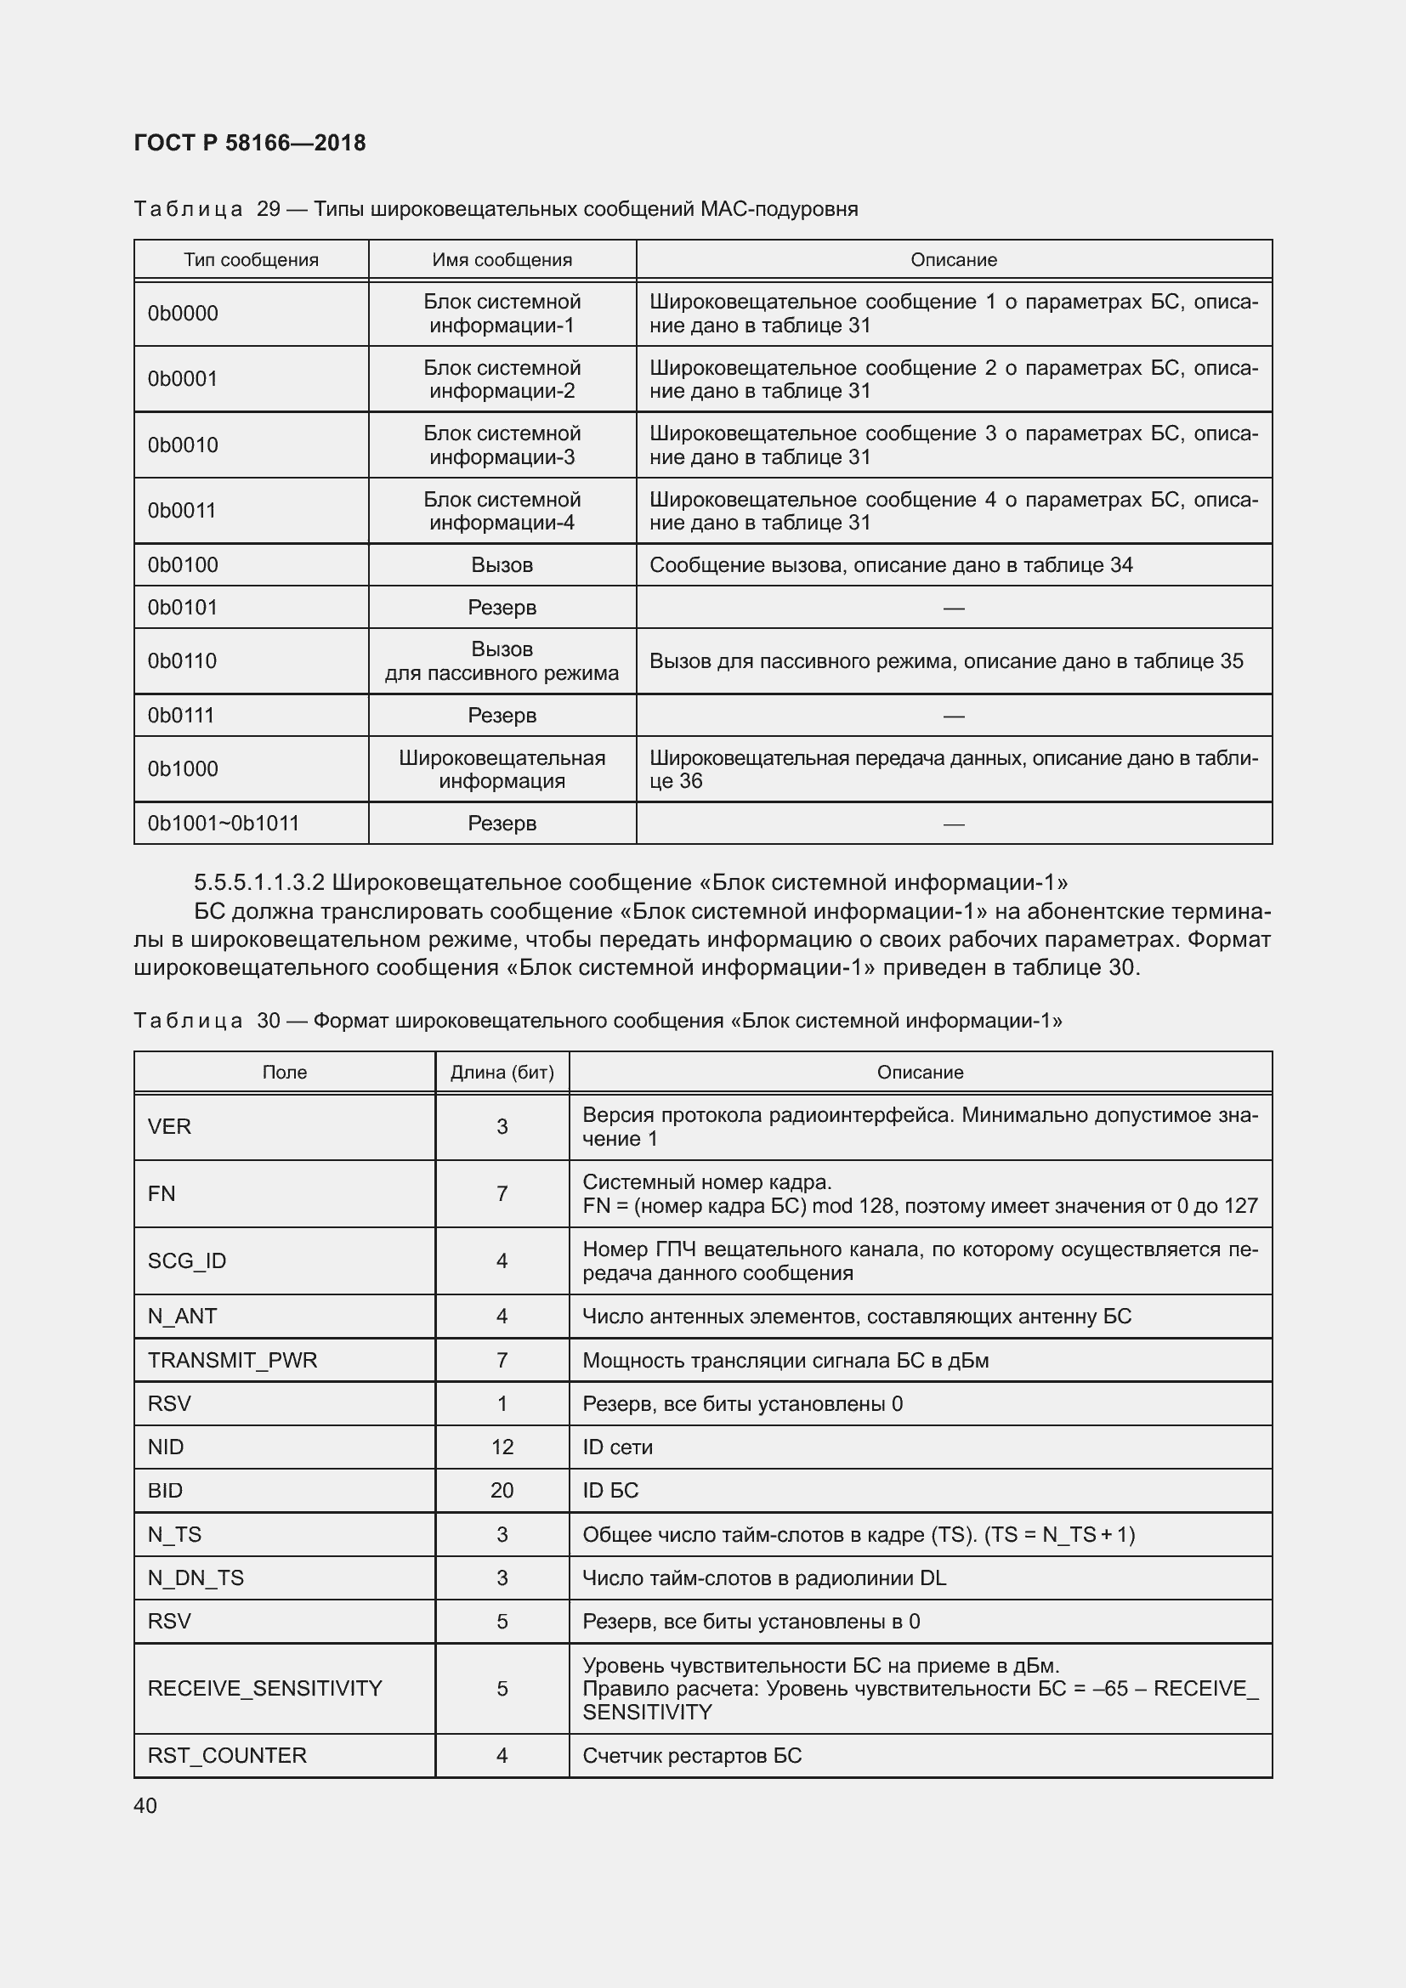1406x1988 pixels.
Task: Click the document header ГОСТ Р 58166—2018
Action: (249, 143)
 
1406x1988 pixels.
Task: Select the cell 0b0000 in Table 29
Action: (183, 314)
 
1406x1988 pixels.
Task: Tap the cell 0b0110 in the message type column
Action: (182, 660)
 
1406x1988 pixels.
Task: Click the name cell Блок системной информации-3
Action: (502, 445)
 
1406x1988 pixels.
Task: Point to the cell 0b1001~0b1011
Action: (224, 823)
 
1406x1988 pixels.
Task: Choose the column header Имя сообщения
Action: (502, 260)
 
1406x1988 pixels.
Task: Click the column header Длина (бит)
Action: (502, 1072)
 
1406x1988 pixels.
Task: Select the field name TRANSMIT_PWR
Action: (232, 1359)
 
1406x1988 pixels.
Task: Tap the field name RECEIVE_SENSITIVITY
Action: (264, 1688)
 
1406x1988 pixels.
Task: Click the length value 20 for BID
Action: (502, 1490)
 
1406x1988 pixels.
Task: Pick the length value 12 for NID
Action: (502, 1447)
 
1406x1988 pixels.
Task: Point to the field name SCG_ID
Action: (186, 1260)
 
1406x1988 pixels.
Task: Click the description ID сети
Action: (617, 1447)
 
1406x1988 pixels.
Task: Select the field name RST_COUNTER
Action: (227, 1755)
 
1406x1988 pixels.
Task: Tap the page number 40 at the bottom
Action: (145, 1805)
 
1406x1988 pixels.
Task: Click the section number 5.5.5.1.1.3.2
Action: (259, 882)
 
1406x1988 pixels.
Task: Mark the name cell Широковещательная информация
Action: (502, 769)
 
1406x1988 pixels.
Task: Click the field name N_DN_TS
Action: (196, 1577)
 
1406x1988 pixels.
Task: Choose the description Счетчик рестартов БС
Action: (692, 1755)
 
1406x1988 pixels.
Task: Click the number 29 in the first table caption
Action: (269, 209)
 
